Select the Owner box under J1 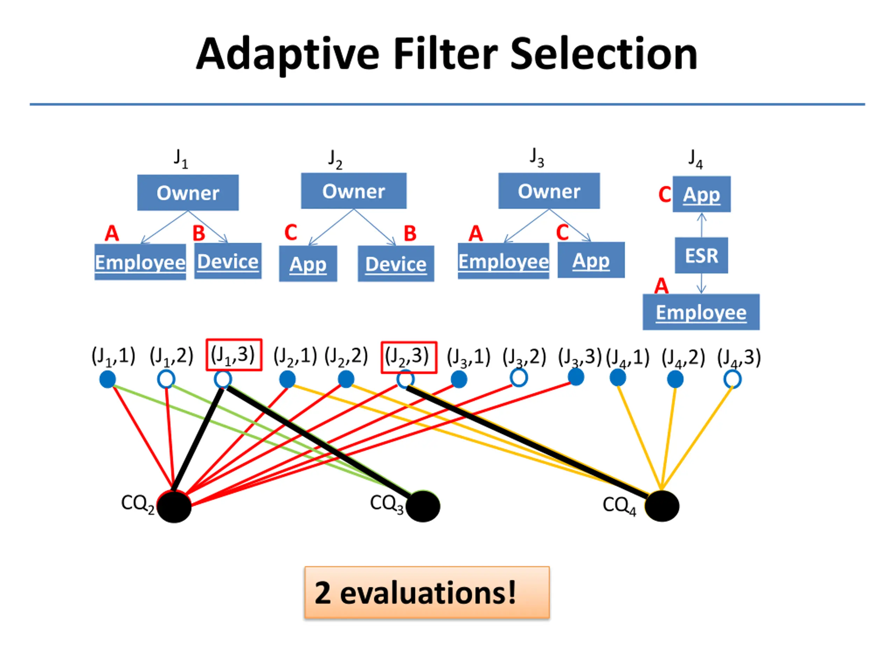coord(188,193)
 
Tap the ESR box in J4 coord(701,255)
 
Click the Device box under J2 coord(396,264)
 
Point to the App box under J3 coord(591,260)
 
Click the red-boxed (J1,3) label coord(234,355)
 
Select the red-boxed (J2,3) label coord(409,357)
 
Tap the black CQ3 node coord(422,506)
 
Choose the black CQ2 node coord(174,506)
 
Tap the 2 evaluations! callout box coord(427,592)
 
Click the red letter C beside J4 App coord(664,195)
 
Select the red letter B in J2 coord(410,233)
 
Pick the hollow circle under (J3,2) coord(519,378)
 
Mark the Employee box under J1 coord(140,262)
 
